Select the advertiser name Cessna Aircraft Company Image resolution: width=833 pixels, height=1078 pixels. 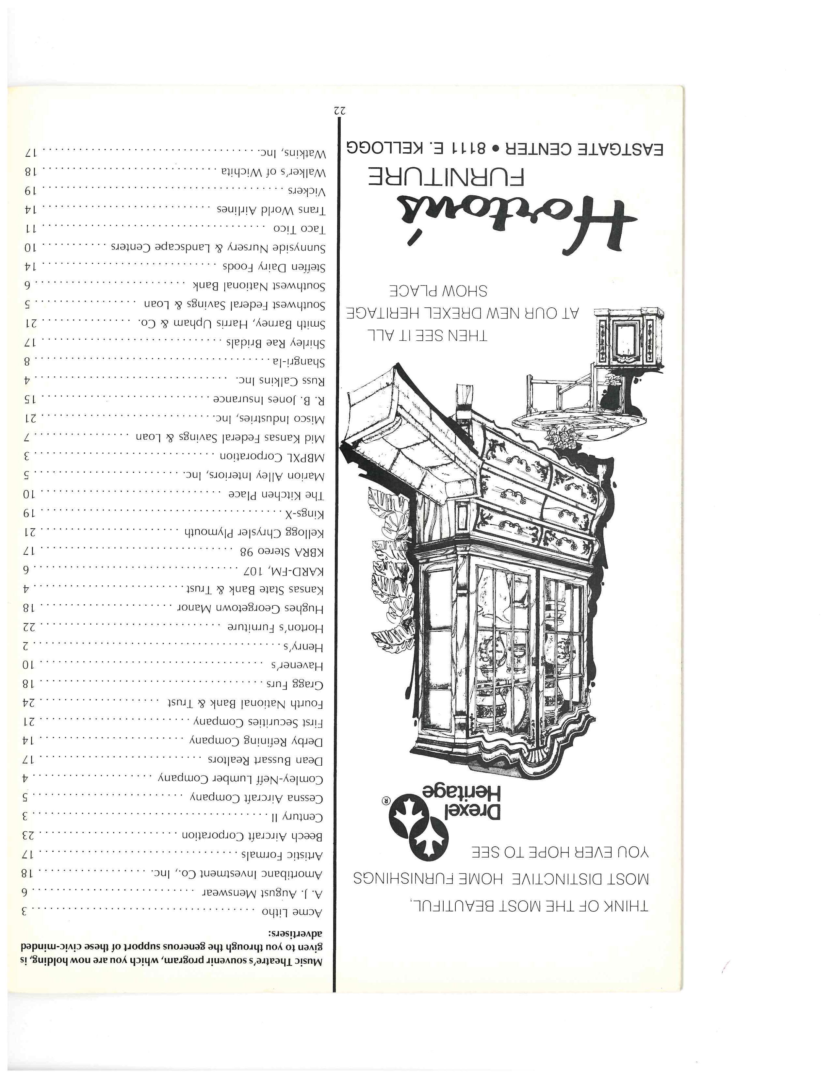click(x=257, y=798)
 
